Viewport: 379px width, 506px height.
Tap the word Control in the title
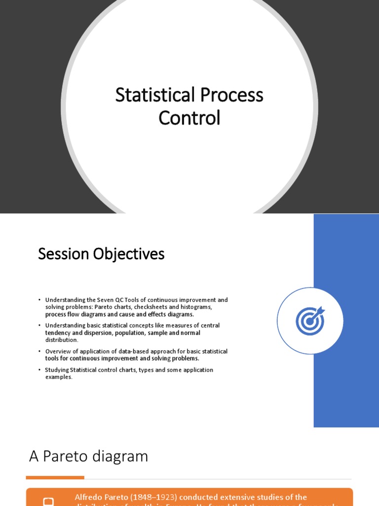coord(189,118)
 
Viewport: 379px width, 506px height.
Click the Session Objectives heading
coord(101,254)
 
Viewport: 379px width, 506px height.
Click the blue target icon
coord(310,321)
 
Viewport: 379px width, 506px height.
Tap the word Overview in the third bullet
coord(59,351)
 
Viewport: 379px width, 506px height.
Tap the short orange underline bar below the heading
coord(55,477)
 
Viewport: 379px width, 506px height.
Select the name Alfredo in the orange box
coord(89,497)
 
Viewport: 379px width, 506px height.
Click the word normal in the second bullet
coord(191,333)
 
